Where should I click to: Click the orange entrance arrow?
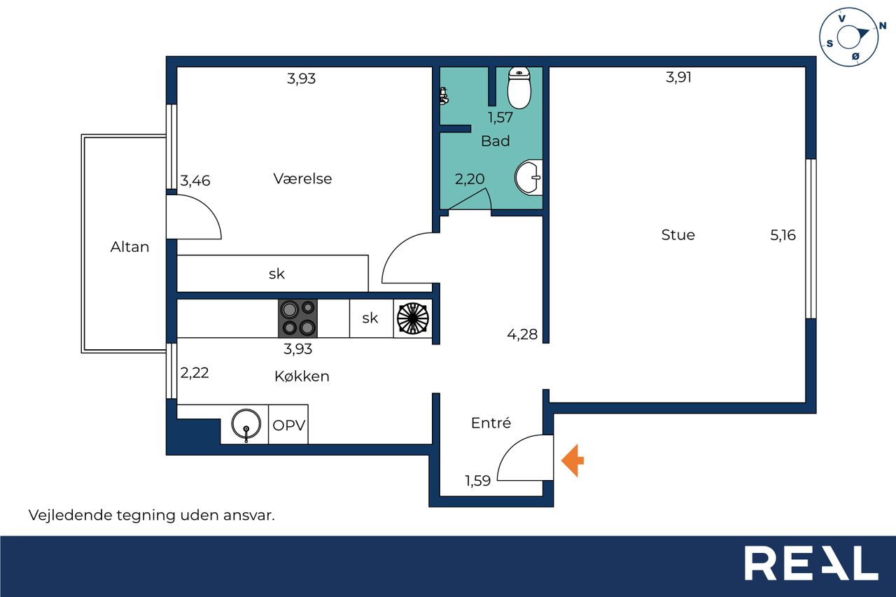tap(573, 461)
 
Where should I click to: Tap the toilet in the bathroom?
tap(519, 87)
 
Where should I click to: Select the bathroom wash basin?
tap(528, 178)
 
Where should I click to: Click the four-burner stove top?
tap(297, 318)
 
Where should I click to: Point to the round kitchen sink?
tap(246, 425)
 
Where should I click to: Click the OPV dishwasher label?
tap(289, 425)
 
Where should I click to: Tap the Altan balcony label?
tap(129, 247)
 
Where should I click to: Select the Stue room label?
tap(678, 234)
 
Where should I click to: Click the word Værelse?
tap(302, 178)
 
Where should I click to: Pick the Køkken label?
tap(302, 377)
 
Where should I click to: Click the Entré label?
tap(491, 423)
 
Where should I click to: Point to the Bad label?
tap(495, 141)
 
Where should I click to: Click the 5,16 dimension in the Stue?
tap(783, 235)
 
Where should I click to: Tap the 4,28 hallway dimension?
tap(522, 335)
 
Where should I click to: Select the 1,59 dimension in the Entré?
tap(477, 481)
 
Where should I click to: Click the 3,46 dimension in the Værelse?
tap(195, 181)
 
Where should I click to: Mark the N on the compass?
tap(882, 26)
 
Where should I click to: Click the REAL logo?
tap(811, 563)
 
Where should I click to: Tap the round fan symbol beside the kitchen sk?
tap(412, 318)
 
